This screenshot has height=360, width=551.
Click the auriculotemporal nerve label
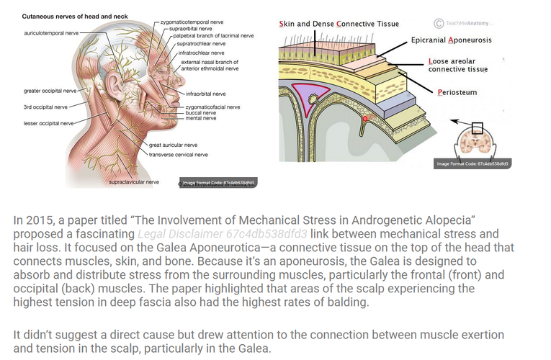click(x=51, y=33)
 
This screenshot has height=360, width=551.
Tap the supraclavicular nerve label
click(x=134, y=182)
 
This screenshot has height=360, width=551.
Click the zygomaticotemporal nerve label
click(x=192, y=22)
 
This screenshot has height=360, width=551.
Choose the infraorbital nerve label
click(x=205, y=94)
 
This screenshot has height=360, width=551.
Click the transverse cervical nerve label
click(x=179, y=154)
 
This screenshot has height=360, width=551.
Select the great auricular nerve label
click(x=174, y=145)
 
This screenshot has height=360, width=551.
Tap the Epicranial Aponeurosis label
click(x=451, y=40)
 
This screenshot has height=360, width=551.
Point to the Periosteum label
click(x=457, y=92)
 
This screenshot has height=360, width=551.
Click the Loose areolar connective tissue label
click(x=458, y=66)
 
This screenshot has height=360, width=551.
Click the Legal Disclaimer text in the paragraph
click(x=223, y=234)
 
